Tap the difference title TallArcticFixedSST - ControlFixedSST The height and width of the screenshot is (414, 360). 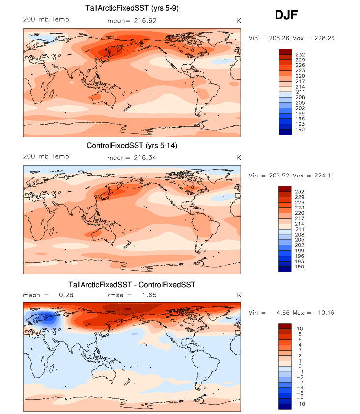[x=132, y=285]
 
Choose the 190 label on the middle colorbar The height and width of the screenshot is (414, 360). [x=299, y=267]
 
